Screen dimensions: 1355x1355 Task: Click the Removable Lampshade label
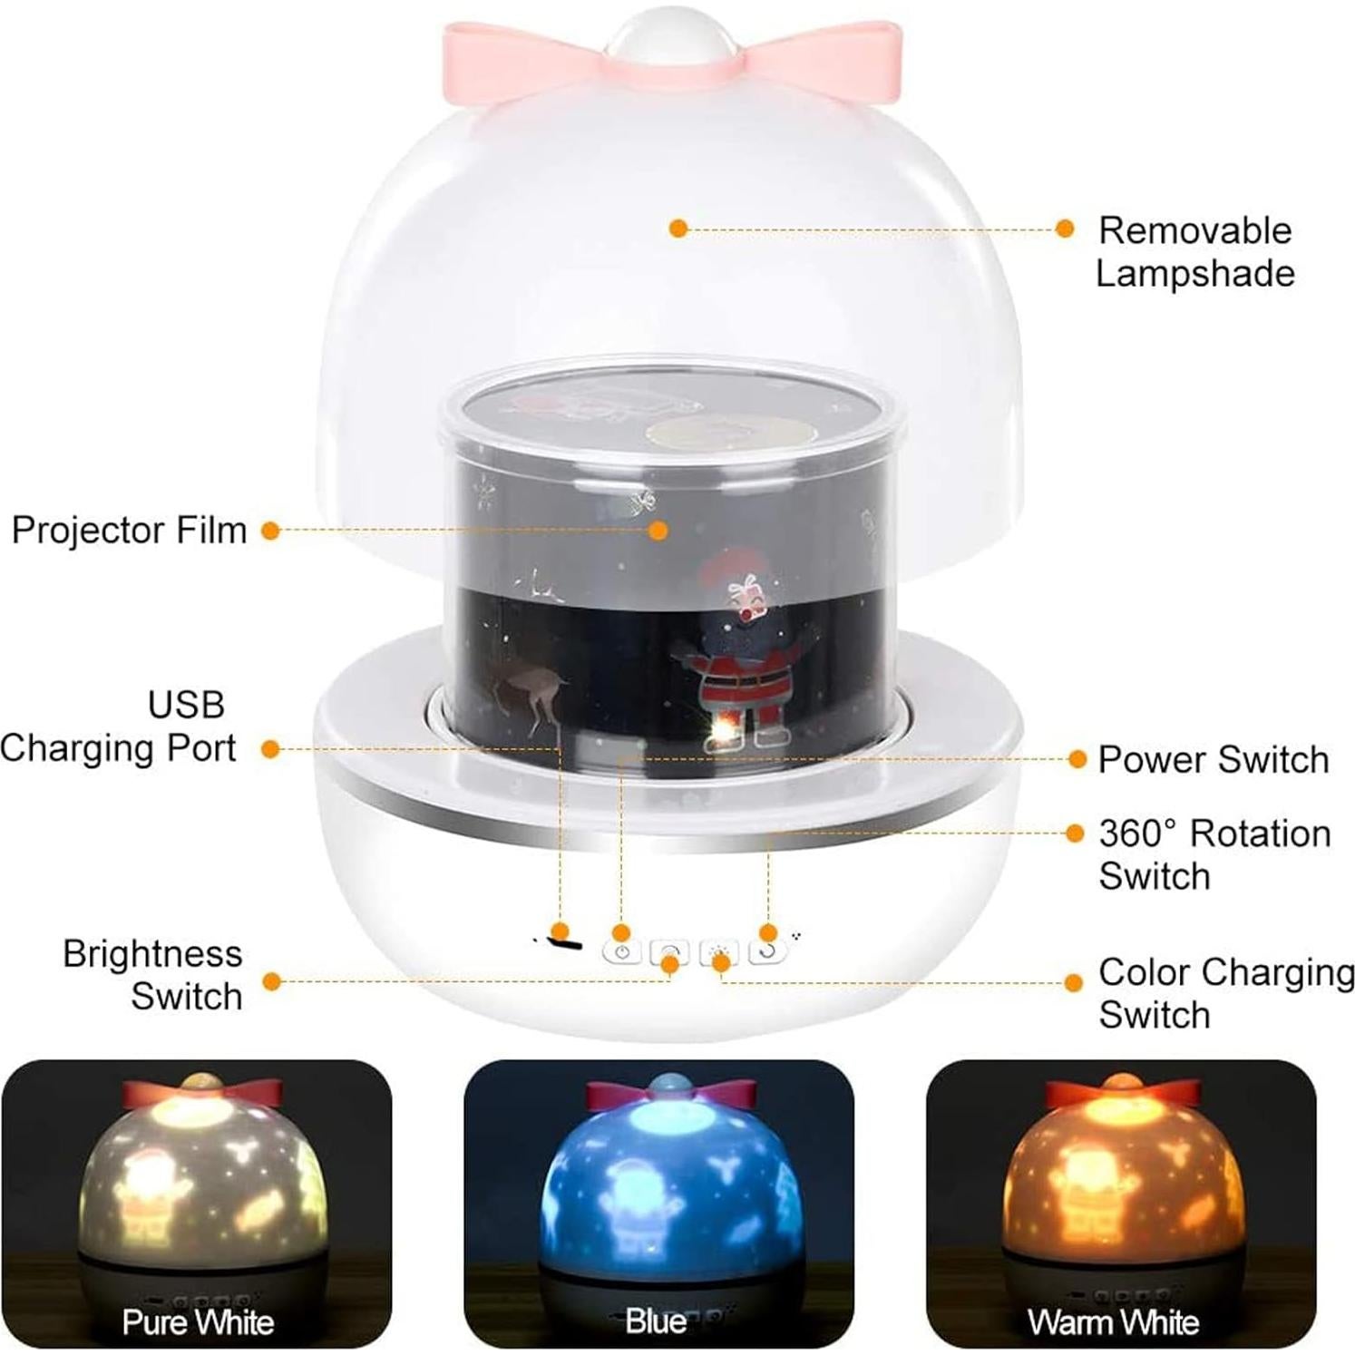coord(1194,252)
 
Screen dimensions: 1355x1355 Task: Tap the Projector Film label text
coord(129,531)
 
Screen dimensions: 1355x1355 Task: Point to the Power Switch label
coord(1213,760)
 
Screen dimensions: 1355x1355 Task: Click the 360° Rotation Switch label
coord(1214,854)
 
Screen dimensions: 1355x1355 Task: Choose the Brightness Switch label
coord(153,975)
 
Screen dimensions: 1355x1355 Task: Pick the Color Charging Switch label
coord(1225,993)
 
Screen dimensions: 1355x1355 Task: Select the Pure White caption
coord(198,1322)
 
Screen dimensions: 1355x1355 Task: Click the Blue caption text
coord(655,1321)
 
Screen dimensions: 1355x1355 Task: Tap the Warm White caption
coord(1114,1322)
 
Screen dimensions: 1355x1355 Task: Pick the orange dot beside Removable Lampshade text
coord(1065,229)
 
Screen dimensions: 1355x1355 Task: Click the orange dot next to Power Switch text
coord(1077,759)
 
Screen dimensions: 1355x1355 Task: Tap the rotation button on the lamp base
coord(767,952)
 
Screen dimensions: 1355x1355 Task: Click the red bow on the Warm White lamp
coord(1116,1092)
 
